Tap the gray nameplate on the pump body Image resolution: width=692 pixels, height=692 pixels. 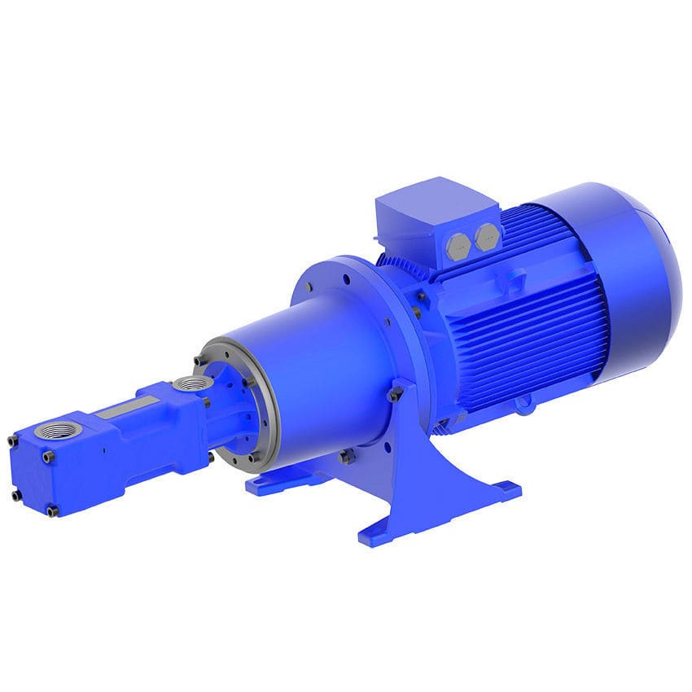(x=127, y=407)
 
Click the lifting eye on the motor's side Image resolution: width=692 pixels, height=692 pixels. (x=515, y=282)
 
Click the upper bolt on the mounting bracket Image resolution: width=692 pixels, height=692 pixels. (x=396, y=393)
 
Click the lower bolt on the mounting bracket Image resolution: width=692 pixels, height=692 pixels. (x=348, y=457)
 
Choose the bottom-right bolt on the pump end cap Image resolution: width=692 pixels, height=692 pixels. (x=53, y=510)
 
